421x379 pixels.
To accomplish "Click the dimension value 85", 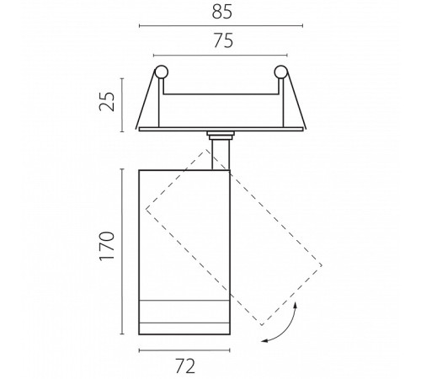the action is point(222,13).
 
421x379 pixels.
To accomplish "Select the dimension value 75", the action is point(223,40).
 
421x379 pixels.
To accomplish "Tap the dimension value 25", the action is point(108,101).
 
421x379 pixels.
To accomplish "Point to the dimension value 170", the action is point(108,246).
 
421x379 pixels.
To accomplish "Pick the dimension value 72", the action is point(185,366).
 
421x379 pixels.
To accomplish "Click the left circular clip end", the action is point(162,72).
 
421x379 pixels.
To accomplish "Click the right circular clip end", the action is point(280,72).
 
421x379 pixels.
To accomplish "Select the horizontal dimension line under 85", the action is point(221,26).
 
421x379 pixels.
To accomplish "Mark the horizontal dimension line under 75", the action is point(221,55).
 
